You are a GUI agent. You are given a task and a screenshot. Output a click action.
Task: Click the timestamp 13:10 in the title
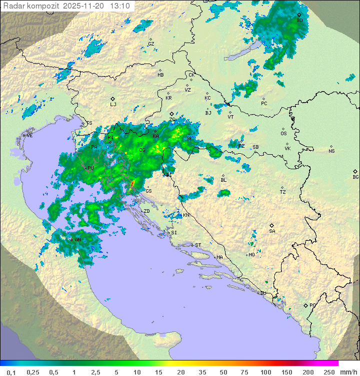pyautogui.click(x=119, y=6)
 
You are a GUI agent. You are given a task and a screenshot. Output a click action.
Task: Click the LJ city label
pyautogui.click(x=113, y=104)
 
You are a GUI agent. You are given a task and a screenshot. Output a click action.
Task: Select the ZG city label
pyautogui.click(x=172, y=120)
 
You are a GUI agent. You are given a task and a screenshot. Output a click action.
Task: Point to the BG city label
pyautogui.click(x=355, y=177)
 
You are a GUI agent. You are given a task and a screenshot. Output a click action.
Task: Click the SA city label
pyautogui.click(x=272, y=231)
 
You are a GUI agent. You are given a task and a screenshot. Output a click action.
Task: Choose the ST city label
pyautogui.click(x=198, y=245)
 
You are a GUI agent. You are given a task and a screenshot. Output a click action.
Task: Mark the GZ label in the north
pyautogui.click(x=151, y=44)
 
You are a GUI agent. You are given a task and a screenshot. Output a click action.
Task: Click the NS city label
pyautogui.click(x=331, y=151)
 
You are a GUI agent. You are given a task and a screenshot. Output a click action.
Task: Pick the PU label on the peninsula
pyautogui.click(x=90, y=168)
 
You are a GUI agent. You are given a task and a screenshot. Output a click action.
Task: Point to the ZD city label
pyautogui.click(x=146, y=211)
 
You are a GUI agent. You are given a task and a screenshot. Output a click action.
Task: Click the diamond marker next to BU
pyautogui.click(x=299, y=15)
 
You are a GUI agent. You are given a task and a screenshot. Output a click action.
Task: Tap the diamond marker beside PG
pyautogui.click(x=305, y=305)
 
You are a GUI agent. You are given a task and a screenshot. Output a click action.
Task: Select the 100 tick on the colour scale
pyautogui.click(x=265, y=372)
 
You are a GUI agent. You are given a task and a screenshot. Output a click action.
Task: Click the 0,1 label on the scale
pyautogui.click(x=11, y=372)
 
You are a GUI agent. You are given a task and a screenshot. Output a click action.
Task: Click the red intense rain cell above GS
pyautogui.click(x=132, y=185)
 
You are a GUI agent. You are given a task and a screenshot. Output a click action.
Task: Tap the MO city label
pyautogui.click(x=251, y=254)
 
